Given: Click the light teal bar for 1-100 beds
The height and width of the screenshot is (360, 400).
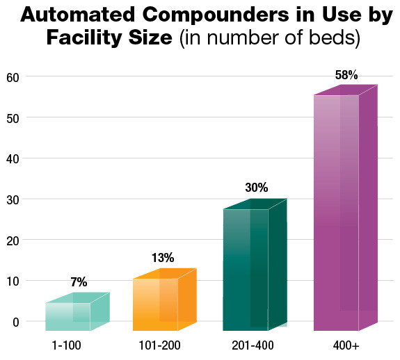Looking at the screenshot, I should [68, 316].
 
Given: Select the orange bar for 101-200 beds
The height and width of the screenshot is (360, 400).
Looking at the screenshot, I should [155, 304].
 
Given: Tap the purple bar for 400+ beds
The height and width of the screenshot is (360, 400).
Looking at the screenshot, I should [337, 212].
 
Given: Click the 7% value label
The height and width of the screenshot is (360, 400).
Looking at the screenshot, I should [78, 282].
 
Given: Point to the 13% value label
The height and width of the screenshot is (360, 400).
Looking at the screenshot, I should [163, 259].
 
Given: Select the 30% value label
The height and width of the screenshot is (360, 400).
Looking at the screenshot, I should [256, 188].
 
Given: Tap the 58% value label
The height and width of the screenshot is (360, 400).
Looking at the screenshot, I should [346, 75].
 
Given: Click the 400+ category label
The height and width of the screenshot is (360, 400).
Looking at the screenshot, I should [337, 345].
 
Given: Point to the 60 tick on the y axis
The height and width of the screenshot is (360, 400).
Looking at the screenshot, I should [13, 76].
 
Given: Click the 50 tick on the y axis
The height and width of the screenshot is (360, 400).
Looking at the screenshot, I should [13, 117].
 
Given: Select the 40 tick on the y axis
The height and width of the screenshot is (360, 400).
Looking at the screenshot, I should [13, 158].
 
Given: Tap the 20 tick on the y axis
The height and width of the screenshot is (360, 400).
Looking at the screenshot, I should [13, 240].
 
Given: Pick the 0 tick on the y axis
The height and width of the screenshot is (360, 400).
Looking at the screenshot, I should [15, 322].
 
